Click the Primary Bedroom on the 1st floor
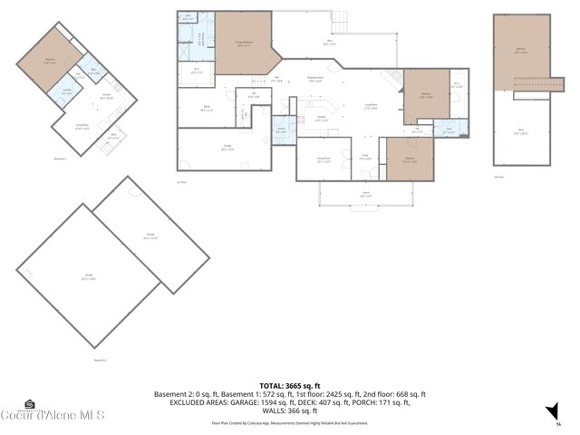coord(243,42)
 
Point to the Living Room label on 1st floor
coord(372,106)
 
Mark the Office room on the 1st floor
coord(206,109)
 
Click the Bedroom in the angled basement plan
coord(50,61)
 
